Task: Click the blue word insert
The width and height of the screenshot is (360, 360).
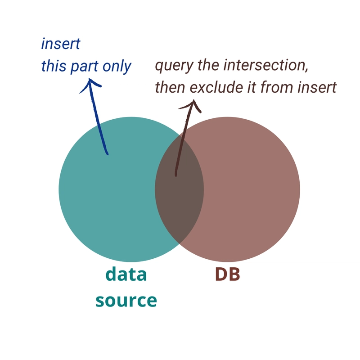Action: (61, 44)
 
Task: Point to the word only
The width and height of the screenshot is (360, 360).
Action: (117, 67)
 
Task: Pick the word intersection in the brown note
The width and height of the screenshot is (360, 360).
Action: (266, 65)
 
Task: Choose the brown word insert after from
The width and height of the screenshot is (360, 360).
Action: (317, 88)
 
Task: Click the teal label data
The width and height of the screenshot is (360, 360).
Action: (126, 274)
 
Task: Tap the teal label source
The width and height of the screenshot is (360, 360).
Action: (126, 300)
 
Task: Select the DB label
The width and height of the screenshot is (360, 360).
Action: (228, 274)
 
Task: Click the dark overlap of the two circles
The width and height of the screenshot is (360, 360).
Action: (179, 189)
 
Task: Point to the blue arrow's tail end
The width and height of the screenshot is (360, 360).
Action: (108, 154)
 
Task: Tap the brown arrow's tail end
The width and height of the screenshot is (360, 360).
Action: (176, 175)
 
